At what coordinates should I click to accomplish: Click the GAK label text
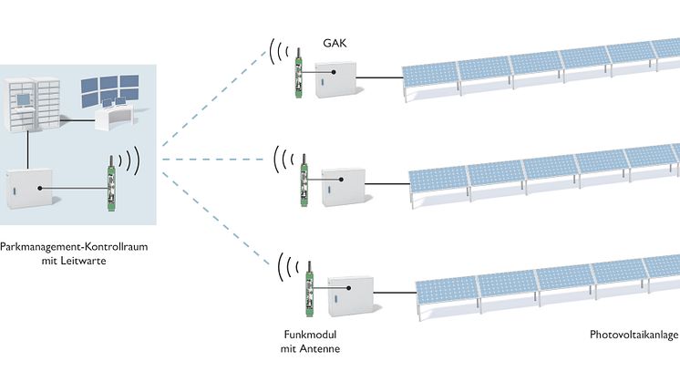pos(335,43)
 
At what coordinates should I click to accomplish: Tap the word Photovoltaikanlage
pos(634,335)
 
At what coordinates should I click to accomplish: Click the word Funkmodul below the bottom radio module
pos(310,335)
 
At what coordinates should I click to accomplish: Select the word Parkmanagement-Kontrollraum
pos(74,247)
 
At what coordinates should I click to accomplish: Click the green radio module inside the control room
pos(111,183)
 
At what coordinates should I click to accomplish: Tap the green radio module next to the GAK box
pos(298,72)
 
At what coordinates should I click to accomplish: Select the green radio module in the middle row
pos(304,180)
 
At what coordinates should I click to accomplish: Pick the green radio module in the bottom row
pos(310,288)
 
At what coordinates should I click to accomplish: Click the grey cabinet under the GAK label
pos(335,80)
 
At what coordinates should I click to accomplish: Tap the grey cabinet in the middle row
pos(344,187)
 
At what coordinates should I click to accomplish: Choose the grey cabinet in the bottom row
pos(350,296)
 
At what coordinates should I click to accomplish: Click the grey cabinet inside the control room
pos(29,189)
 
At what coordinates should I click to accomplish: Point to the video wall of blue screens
pos(109,91)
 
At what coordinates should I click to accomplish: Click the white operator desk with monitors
pos(114,116)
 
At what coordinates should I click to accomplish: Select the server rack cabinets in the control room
pos(33,104)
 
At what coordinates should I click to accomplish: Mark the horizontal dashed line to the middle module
pos(213,160)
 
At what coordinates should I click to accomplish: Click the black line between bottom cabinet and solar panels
pos(395,293)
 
